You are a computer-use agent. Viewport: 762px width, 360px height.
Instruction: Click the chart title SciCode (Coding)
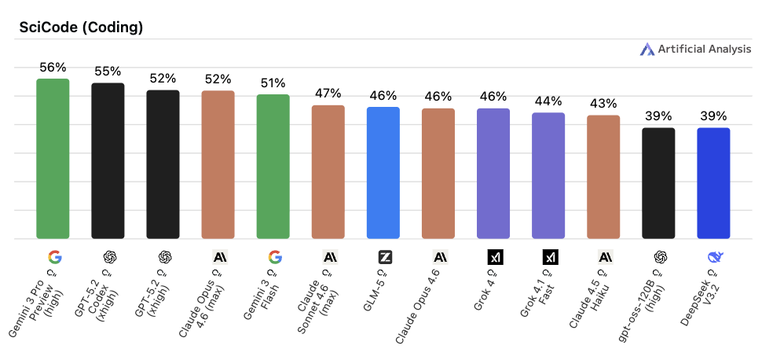[80, 28]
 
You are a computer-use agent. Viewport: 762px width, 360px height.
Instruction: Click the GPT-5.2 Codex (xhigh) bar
[108, 161]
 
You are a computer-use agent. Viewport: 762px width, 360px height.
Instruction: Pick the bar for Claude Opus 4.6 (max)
[218, 165]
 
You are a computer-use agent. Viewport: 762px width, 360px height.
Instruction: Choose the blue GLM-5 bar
[383, 173]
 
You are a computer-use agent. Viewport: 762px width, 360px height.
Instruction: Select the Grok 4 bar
[493, 174]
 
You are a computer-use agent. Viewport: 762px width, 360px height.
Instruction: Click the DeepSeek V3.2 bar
[713, 183]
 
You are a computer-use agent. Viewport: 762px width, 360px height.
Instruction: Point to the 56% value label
[53, 68]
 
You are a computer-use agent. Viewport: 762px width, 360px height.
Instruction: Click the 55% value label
[108, 72]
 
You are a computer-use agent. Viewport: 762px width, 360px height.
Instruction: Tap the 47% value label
[328, 94]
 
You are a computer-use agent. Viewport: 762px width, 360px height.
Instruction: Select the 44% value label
[548, 101]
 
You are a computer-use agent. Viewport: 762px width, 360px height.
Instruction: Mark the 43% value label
[603, 104]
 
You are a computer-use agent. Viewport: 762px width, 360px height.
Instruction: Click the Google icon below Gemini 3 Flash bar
[274, 257]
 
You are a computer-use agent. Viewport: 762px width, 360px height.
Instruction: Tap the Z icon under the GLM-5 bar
[385, 257]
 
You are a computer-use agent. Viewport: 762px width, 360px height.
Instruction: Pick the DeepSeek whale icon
[715, 257]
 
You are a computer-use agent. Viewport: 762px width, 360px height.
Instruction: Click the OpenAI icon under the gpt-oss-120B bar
[660, 257]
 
